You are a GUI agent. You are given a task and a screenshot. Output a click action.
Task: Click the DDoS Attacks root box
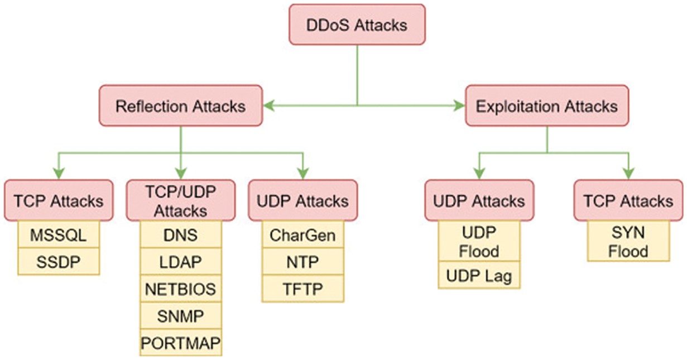point(357,25)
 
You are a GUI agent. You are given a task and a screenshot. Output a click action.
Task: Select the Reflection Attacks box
point(180,105)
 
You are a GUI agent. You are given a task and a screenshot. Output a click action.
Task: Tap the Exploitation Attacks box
point(546,105)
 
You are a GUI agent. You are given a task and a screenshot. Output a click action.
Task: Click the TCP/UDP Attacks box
point(180,201)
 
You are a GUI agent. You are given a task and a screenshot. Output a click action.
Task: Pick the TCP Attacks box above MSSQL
point(58,200)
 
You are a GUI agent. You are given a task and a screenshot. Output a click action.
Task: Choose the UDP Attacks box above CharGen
point(302,200)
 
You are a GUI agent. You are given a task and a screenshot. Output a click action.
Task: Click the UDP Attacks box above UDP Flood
point(479,200)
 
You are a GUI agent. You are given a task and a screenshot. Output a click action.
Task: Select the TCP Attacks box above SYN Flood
point(628,200)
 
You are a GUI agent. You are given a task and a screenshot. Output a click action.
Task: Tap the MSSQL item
point(58,234)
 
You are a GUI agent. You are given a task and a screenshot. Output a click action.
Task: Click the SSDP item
point(58,261)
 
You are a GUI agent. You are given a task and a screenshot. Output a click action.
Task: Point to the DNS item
point(180,235)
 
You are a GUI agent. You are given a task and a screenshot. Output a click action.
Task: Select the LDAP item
point(180,262)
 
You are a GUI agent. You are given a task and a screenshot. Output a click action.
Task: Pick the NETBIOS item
point(180,289)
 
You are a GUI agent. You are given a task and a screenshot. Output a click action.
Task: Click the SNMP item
point(180,316)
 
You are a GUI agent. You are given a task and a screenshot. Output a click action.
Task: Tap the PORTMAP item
point(180,342)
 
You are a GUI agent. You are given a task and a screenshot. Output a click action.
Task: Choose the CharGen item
point(302,235)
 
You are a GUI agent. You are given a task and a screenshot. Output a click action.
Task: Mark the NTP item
point(302,261)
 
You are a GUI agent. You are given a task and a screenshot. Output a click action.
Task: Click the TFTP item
point(302,288)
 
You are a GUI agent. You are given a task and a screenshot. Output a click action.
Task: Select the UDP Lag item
point(479,276)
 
